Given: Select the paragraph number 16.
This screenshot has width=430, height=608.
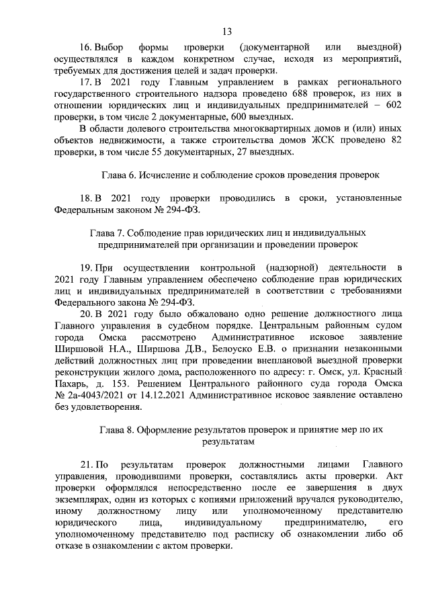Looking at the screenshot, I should (86, 46).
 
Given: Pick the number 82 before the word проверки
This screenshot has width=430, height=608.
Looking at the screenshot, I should (396, 140).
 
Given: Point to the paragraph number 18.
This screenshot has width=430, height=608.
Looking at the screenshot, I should (86, 198).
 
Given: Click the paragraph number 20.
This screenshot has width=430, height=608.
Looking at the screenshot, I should (86, 314).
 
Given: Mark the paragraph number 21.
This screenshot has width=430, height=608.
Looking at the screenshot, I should (86, 464).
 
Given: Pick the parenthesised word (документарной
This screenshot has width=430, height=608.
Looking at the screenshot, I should (274, 46).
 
